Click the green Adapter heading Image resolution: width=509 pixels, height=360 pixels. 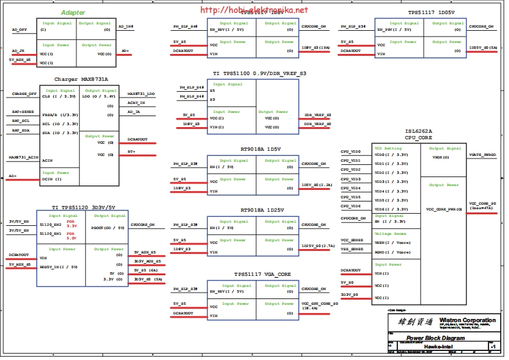(x=73, y=13)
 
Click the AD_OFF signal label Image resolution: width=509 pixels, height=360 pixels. (x=19, y=30)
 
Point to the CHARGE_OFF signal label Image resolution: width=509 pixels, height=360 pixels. (x=24, y=94)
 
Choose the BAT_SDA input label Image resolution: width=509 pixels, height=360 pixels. (x=21, y=130)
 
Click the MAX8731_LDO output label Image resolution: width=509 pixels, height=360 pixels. (x=141, y=94)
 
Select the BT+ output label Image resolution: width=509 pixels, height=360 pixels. (x=132, y=151)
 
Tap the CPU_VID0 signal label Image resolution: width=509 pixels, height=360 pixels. (x=351, y=152)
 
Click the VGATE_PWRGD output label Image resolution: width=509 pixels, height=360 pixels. (x=482, y=155)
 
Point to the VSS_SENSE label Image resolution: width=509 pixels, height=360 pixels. (x=352, y=248)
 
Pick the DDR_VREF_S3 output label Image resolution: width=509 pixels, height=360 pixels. (x=318, y=115)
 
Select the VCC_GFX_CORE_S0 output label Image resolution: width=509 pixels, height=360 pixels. (x=319, y=304)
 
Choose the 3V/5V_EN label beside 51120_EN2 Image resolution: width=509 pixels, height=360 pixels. (x=19, y=221)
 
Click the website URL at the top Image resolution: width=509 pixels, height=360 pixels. (x=254, y=10)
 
